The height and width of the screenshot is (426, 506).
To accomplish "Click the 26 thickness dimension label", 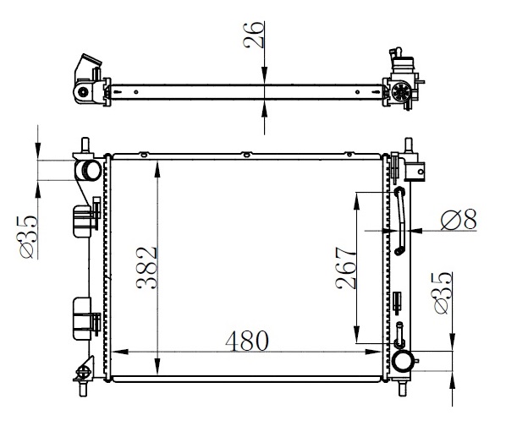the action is (254, 35).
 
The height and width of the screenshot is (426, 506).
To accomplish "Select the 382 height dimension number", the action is (147, 268).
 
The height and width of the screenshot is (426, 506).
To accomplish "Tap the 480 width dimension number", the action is (247, 341).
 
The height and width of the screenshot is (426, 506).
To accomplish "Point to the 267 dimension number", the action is (345, 268).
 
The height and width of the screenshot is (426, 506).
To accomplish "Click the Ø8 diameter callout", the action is (459, 220).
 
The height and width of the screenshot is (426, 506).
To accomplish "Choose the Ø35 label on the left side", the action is (28, 237).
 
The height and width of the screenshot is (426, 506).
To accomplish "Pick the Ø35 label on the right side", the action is (443, 293).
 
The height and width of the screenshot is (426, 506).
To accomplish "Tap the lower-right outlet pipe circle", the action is (402, 361).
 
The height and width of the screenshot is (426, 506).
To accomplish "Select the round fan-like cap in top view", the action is (401, 91).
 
